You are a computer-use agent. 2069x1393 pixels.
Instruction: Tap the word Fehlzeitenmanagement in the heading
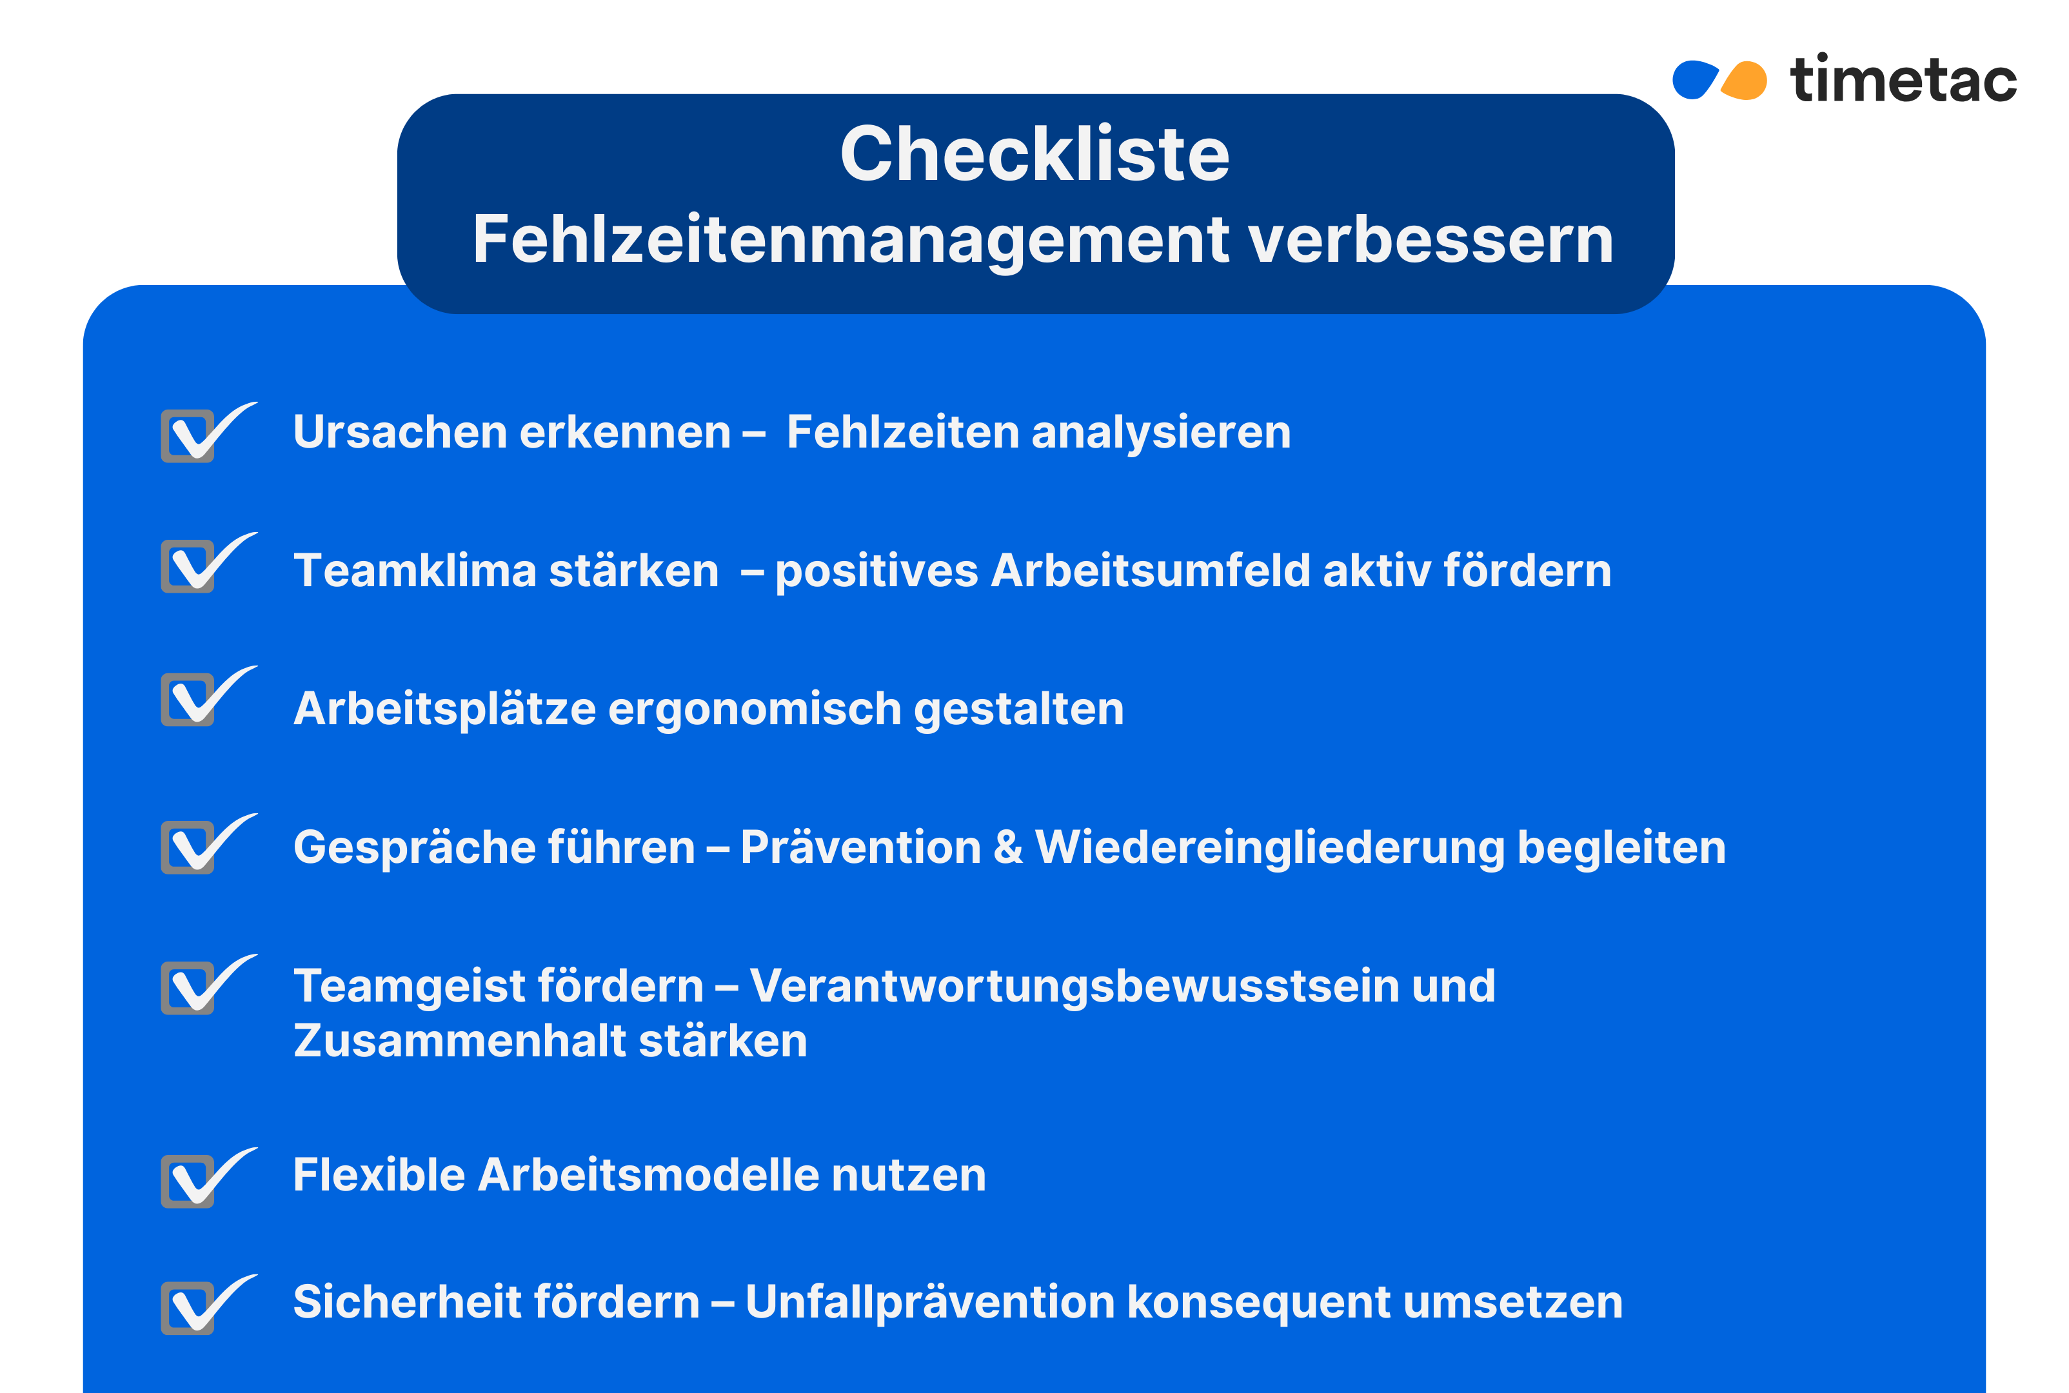851,240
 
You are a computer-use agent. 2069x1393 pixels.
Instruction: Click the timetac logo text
1903,80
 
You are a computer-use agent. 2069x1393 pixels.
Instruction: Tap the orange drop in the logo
1745,81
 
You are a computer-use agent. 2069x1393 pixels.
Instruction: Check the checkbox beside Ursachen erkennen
188,435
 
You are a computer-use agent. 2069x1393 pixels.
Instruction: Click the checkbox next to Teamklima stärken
188,566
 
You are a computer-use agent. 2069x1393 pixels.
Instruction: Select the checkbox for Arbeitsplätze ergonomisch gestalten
188,699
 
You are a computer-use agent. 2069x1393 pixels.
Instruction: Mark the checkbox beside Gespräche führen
188,847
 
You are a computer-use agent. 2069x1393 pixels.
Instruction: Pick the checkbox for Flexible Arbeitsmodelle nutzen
188,1181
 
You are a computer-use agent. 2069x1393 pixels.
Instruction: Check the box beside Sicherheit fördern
188,1308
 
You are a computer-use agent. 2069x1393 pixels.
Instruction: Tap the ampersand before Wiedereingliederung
1007,847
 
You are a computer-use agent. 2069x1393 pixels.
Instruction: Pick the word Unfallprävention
929,1302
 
